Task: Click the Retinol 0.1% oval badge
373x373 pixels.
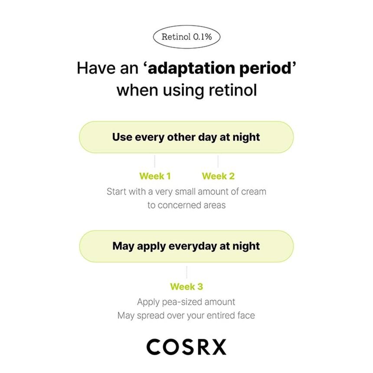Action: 186,37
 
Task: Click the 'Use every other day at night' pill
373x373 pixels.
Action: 186,137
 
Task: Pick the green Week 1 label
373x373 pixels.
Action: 155,176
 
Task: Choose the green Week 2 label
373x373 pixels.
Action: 218,176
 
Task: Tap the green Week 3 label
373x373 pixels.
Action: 186,287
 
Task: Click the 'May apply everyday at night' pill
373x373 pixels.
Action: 186,246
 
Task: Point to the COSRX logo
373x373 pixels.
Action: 186,347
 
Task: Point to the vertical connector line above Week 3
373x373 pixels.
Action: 186,272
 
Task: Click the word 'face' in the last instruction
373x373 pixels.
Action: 245,316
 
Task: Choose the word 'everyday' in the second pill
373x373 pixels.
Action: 194,246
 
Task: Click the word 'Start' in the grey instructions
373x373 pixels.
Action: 116,191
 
